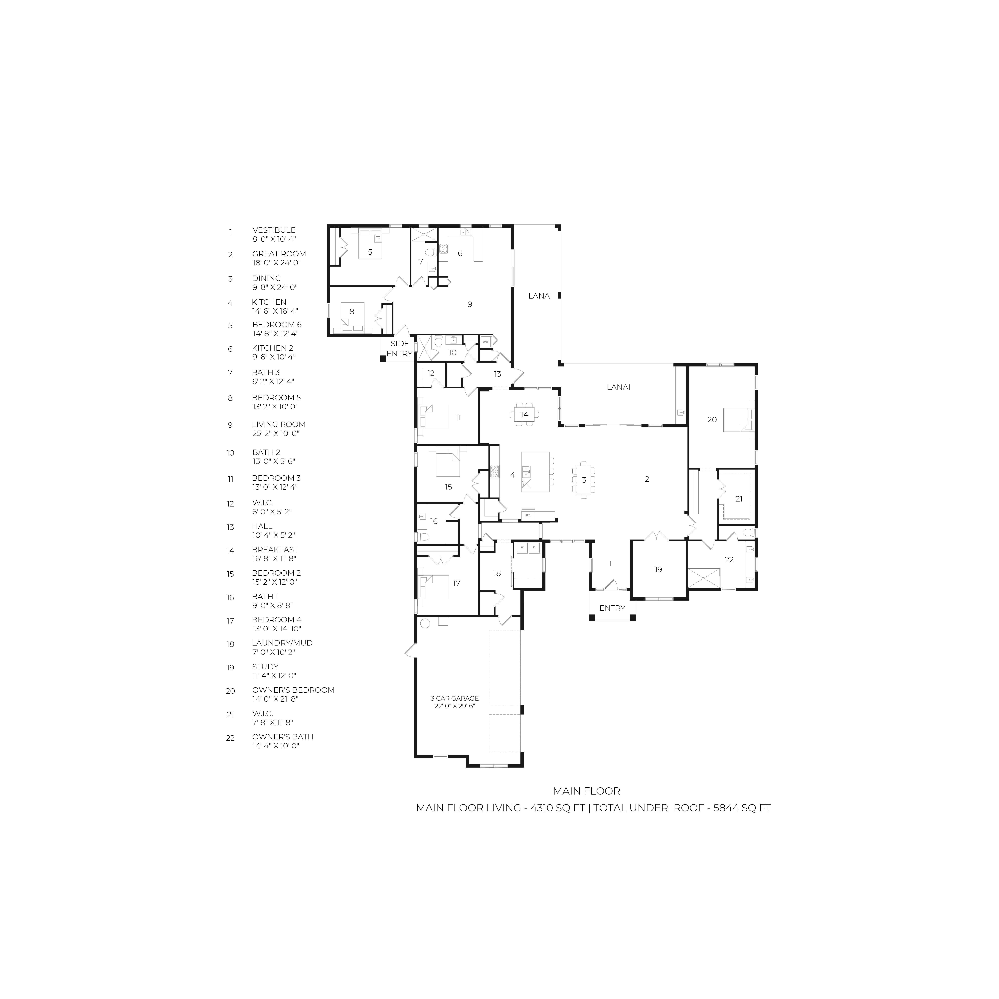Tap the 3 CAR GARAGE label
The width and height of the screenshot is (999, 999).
(455, 698)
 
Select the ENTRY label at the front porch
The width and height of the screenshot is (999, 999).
(612, 608)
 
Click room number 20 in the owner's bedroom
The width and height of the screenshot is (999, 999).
(712, 420)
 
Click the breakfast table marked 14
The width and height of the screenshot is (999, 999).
(524, 414)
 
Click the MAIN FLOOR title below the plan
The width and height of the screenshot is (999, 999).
(586, 791)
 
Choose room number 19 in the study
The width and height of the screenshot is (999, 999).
(658, 569)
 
